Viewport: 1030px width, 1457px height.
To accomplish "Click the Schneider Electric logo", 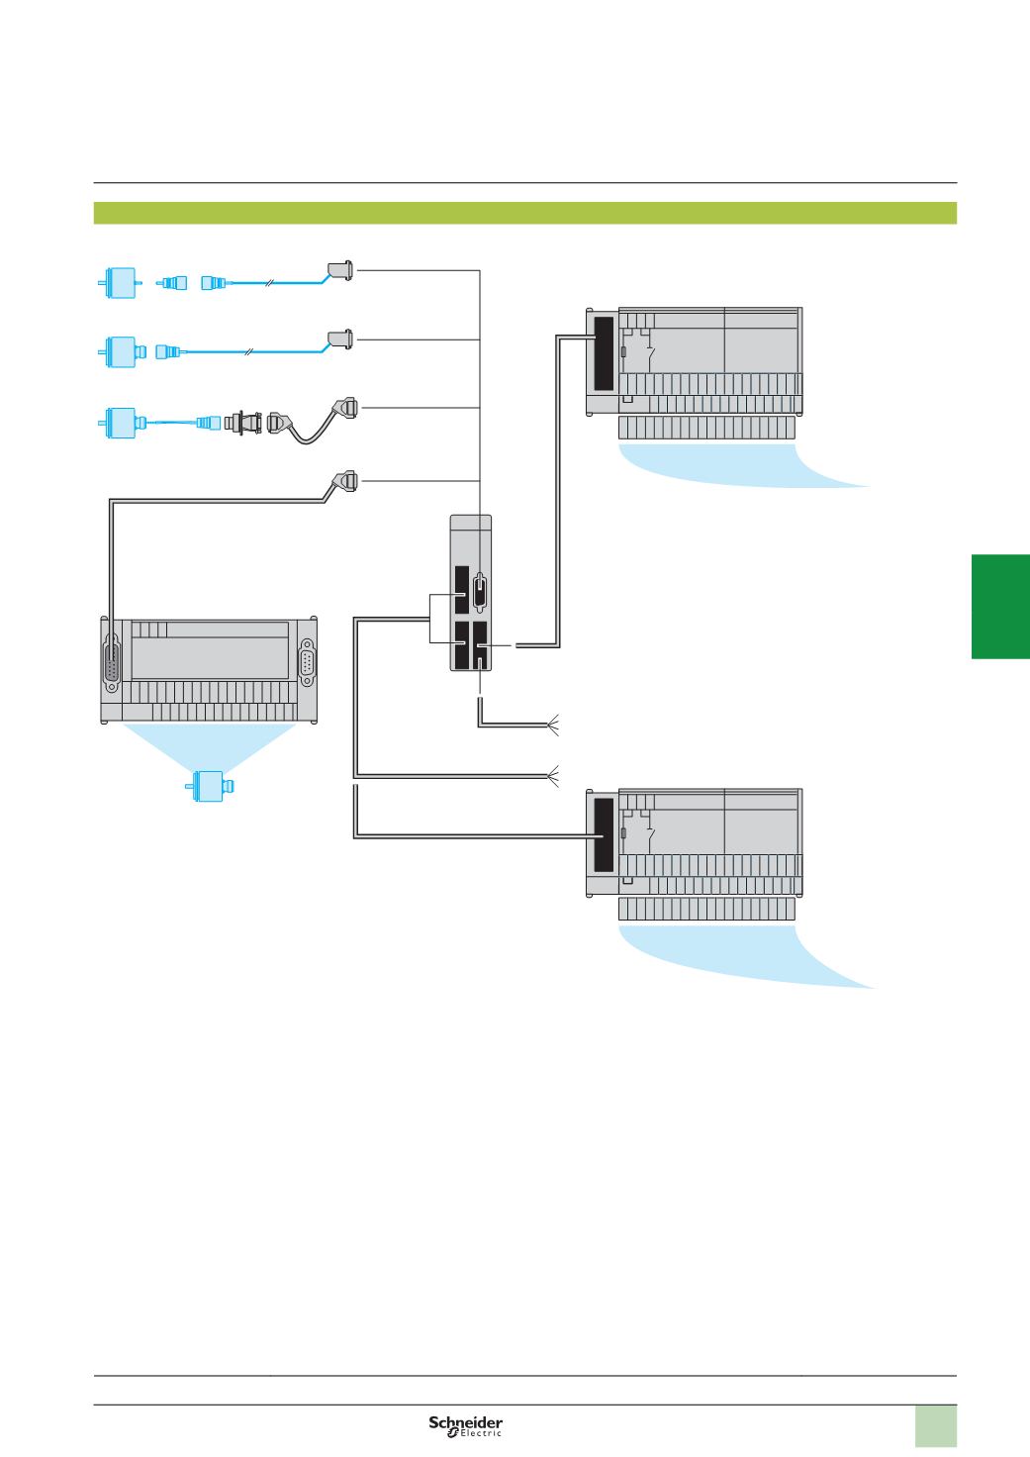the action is click(466, 1425).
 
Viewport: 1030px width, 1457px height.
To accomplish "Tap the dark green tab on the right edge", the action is click(1000, 606).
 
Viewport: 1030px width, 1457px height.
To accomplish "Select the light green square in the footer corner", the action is click(936, 1426).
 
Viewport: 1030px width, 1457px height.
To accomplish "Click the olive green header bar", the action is click(524, 213).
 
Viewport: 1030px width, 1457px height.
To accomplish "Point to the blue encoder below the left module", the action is click(210, 786).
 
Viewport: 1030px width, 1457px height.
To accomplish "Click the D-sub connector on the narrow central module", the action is click(481, 592).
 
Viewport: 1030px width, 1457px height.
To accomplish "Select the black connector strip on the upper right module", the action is click(604, 353).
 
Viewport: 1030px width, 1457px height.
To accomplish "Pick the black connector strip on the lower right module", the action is click(604, 835).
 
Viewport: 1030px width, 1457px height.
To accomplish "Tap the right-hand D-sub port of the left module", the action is click(307, 662).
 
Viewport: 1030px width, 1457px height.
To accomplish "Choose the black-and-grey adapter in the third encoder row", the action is click(243, 423).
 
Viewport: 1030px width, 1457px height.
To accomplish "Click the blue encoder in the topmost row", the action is click(120, 283).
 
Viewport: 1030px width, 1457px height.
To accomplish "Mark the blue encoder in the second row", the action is click(122, 352).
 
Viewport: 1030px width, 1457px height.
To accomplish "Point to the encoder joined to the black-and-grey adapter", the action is click(122, 423).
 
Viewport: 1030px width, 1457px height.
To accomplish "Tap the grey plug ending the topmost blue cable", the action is click(340, 270).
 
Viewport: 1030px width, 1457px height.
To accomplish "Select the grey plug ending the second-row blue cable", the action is click(340, 340).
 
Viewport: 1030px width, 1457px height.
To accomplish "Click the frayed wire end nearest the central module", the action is click(553, 725).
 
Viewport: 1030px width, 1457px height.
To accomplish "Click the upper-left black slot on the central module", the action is click(462, 590).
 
